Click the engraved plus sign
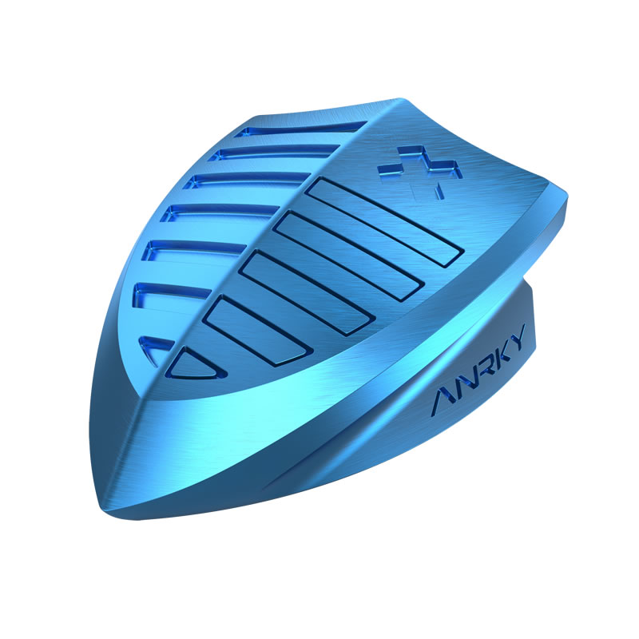pos(420,171)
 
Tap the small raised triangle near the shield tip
pos(194,364)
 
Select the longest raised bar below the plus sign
pos(385,222)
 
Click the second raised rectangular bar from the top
pos(350,256)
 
